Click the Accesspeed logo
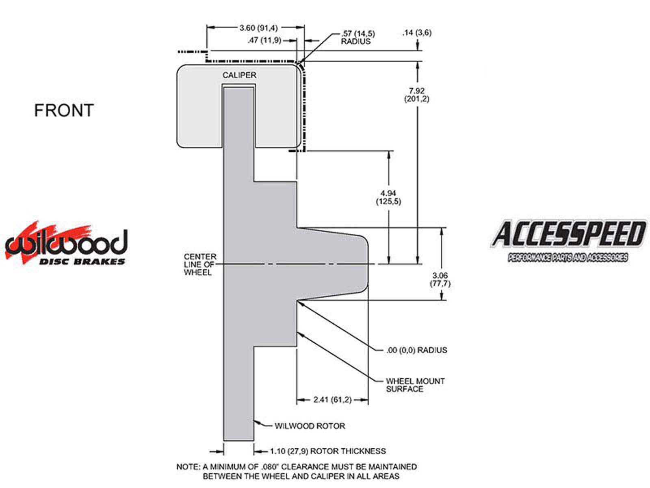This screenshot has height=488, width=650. point(568,241)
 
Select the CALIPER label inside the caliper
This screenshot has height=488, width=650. point(239,75)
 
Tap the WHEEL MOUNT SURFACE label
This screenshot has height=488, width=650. point(415,385)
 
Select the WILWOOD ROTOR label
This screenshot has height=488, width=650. point(310,426)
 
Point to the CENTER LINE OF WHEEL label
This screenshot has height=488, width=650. point(200,264)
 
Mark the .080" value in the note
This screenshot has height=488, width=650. point(270,467)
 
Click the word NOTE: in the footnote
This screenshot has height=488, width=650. point(188,467)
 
